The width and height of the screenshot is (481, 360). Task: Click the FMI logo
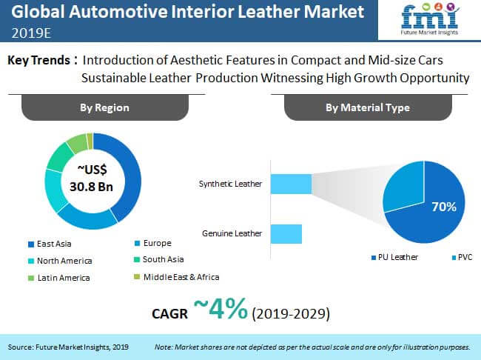tap(430, 19)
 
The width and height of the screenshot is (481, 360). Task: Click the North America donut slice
tap(53, 190)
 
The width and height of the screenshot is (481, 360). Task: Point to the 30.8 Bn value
tap(92, 187)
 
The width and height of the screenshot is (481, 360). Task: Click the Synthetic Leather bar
tap(291, 184)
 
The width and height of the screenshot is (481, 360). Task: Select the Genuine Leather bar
tap(286, 234)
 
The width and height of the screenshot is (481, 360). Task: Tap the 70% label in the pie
tap(444, 207)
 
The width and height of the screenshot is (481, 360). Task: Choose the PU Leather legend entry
tap(395, 257)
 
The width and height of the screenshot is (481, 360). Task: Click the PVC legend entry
tap(462, 257)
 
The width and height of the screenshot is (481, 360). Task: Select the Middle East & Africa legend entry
tap(177, 277)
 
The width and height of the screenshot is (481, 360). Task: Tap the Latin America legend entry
tap(59, 278)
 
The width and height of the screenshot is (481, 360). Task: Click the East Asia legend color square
tap(31, 244)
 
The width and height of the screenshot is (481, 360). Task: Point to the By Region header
tap(104, 107)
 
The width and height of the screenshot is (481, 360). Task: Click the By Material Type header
tap(368, 107)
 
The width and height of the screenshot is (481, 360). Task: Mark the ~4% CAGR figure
tap(221, 309)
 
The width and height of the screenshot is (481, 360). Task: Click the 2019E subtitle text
tap(31, 33)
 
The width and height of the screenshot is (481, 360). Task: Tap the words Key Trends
tap(38, 60)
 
